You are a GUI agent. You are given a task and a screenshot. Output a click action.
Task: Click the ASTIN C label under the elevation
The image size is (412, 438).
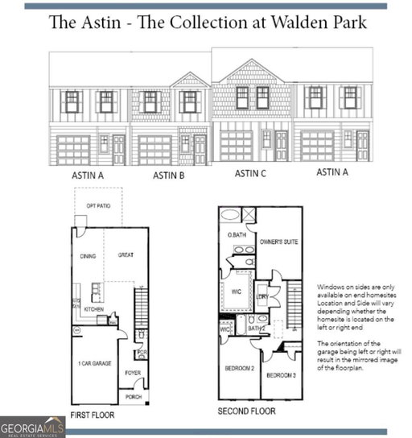point(253,173)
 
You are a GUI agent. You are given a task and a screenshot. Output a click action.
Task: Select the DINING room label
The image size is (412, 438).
point(88,256)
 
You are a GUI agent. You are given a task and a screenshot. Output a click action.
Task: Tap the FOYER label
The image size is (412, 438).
point(133,373)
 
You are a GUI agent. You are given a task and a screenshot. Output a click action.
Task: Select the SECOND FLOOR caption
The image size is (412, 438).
point(247,411)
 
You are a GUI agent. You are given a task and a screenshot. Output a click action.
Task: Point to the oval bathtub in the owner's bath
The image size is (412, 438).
point(230,216)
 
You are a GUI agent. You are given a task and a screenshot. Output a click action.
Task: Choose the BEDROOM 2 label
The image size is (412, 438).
point(240,368)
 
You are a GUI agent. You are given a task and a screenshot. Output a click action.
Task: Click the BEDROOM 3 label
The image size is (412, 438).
point(282,376)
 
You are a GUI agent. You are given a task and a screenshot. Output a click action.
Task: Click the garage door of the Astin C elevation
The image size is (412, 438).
point(237,146)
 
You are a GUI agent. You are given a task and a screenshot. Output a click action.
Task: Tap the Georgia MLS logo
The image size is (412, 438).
point(32,427)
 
